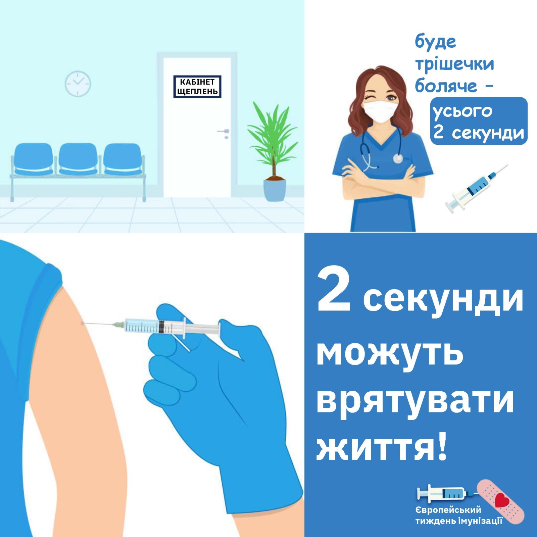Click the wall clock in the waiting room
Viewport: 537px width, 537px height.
[78, 84]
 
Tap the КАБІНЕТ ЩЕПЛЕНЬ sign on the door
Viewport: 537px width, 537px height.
[197, 87]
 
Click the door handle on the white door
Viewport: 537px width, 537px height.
[224, 131]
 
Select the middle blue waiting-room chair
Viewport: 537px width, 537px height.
[78, 159]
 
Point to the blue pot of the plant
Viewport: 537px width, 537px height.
[275, 190]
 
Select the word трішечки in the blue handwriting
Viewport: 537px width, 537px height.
[455, 63]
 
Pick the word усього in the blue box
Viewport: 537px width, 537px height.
[462, 111]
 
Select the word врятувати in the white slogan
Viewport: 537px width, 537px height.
[415, 401]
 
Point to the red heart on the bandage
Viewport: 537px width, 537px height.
[502, 500]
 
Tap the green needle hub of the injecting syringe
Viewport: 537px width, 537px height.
[119, 325]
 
